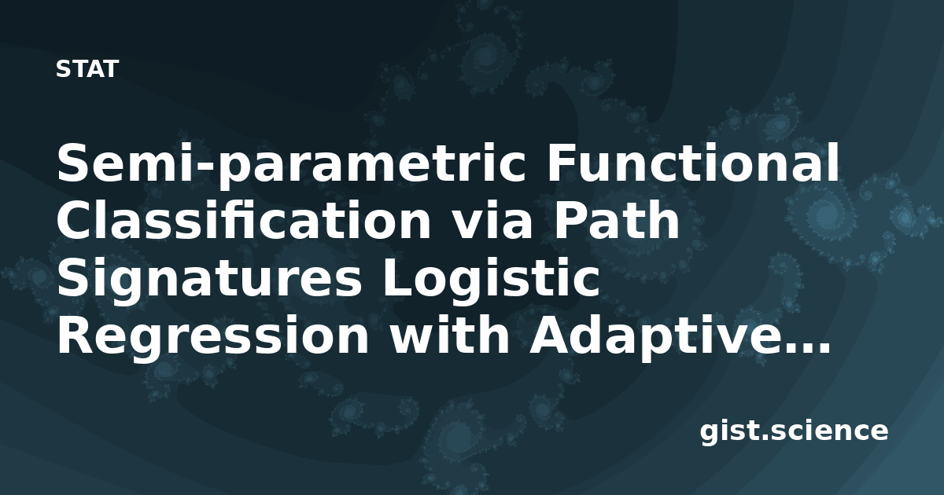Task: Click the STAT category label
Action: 87,69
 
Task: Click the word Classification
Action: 244,220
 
